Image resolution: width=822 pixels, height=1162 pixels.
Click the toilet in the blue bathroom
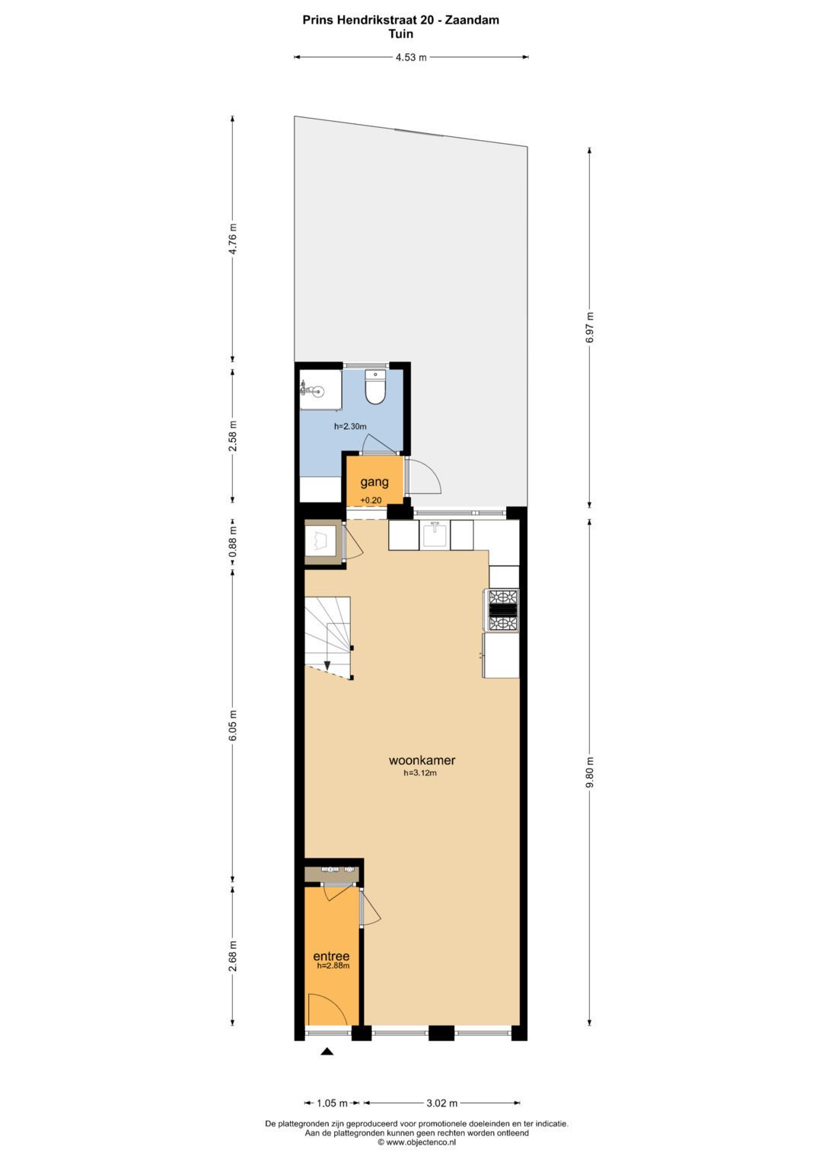coord(374,386)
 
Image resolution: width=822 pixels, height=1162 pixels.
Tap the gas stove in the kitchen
coord(502,610)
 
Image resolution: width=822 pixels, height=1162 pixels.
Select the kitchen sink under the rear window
coord(434,535)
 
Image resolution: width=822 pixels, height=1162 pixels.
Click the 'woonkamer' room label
coord(422,760)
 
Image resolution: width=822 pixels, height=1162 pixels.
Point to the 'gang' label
coord(374,482)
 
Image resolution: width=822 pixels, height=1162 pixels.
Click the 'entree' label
coord(331,956)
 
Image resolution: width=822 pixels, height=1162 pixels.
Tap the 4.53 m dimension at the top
coord(411,58)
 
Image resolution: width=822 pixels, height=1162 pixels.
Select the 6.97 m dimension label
coord(589,327)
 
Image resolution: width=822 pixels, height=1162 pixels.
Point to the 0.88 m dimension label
coord(233,542)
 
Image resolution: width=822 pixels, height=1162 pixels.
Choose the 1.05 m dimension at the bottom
coord(333,1103)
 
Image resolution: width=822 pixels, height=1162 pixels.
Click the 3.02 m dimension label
coord(441,1103)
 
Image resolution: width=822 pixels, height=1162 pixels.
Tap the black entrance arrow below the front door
coord(327,1052)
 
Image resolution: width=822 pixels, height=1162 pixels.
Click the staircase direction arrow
coord(327,664)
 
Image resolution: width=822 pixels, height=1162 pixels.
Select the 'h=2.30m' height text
coord(350,427)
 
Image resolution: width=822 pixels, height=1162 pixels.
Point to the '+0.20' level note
coord(371,501)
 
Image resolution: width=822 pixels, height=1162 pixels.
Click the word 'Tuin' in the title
coord(401,33)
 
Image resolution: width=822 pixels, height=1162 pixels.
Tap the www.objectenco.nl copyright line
coord(416,1141)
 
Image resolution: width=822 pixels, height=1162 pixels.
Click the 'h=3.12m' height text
coord(420,773)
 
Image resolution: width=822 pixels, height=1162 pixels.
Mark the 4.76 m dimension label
coord(233,239)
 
